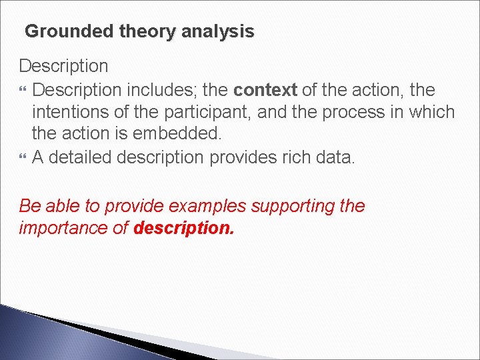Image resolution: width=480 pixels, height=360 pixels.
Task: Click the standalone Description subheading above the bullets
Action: [63, 66]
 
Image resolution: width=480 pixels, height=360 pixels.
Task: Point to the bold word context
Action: [265, 89]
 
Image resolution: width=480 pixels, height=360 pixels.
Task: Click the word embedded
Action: [177, 133]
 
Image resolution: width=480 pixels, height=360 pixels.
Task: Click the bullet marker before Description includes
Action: [23, 90]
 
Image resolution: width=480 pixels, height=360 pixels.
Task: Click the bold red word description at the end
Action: [184, 228]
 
